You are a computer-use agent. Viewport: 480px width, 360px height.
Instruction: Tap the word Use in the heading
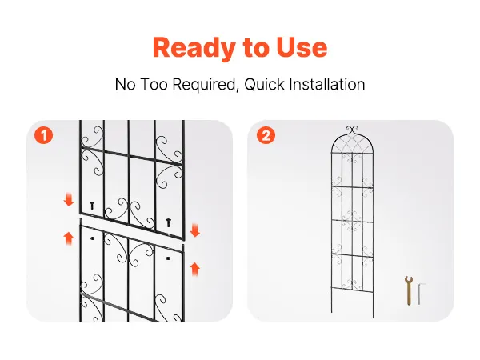(x=302, y=47)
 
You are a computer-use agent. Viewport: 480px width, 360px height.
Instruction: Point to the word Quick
(x=265, y=85)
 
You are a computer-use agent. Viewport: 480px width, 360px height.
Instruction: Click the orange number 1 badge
(x=44, y=135)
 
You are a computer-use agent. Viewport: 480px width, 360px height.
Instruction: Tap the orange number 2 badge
(x=266, y=135)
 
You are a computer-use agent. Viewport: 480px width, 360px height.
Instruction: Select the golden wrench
(x=409, y=290)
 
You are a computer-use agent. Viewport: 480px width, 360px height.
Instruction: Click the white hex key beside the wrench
(x=420, y=294)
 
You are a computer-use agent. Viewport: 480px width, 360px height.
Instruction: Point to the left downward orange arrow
(x=69, y=199)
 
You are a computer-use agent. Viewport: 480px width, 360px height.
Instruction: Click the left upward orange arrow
(x=69, y=238)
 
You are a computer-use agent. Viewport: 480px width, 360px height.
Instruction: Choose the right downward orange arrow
(x=195, y=230)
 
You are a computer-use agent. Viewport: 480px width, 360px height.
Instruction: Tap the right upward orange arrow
(x=195, y=269)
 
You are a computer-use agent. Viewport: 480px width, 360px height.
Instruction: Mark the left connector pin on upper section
(x=92, y=206)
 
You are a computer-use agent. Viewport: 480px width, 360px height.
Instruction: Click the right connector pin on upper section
(x=168, y=222)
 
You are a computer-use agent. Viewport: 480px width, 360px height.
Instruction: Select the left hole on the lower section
(x=92, y=238)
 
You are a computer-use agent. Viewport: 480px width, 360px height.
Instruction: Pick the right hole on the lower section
(x=168, y=258)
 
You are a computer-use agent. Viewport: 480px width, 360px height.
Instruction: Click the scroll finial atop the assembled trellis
(x=352, y=129)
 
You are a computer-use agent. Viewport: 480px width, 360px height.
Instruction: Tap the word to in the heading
(x=256, y=48)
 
